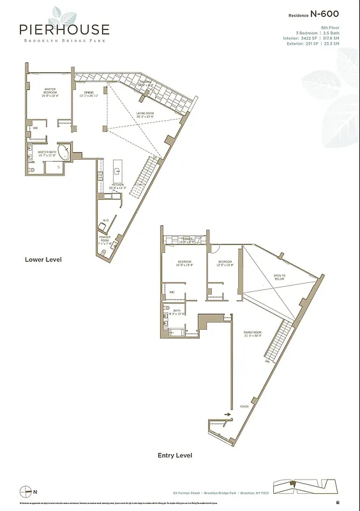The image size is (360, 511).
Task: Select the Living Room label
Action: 145,116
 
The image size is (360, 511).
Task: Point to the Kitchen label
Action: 117,186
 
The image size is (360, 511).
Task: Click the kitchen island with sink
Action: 117,169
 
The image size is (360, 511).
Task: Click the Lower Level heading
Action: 43,259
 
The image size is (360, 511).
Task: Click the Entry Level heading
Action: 175,455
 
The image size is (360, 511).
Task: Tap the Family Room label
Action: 253,334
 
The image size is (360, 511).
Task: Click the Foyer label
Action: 244,405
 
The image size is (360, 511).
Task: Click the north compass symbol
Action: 26,491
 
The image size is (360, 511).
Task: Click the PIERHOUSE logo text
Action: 64,30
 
